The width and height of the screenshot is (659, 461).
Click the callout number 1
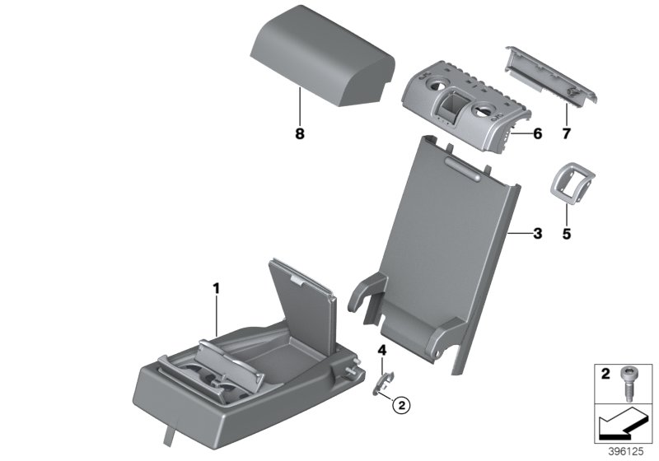(216, 289)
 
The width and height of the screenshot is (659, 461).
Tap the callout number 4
(382, 352)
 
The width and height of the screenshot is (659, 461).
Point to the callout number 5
(566, 234)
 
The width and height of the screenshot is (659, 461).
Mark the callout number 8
(300, 133)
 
